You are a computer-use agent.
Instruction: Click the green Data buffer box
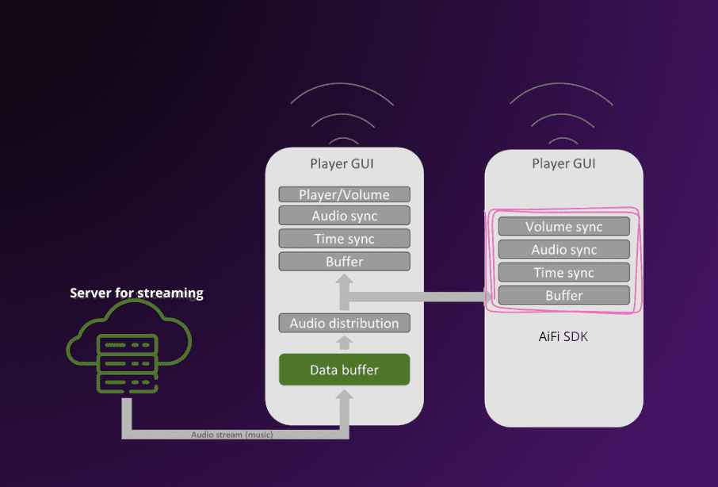pos(344,370)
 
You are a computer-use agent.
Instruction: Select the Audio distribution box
pos(344,323)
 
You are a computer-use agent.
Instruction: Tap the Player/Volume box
pos(344,194)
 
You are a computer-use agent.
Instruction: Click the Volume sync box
pos(563,227)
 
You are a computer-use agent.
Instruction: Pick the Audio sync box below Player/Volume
pos(344,216)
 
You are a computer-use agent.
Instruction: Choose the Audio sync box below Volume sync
pos(563,250)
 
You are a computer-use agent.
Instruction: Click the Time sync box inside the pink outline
pos(563,273)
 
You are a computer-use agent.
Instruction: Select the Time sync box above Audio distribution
pos(344,239)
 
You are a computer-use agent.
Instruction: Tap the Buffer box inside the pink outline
pos(563,296)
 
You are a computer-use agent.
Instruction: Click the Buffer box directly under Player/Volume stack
pos(344,262)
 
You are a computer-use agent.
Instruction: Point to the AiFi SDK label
pos(563,337)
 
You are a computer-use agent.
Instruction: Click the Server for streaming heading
pos(136,293)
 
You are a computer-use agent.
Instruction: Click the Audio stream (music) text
pos(231,435)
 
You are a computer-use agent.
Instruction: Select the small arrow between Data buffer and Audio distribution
pos(344,343)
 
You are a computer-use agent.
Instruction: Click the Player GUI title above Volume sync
pos(563,164)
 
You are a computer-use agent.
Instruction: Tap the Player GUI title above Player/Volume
pos(342,164)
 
